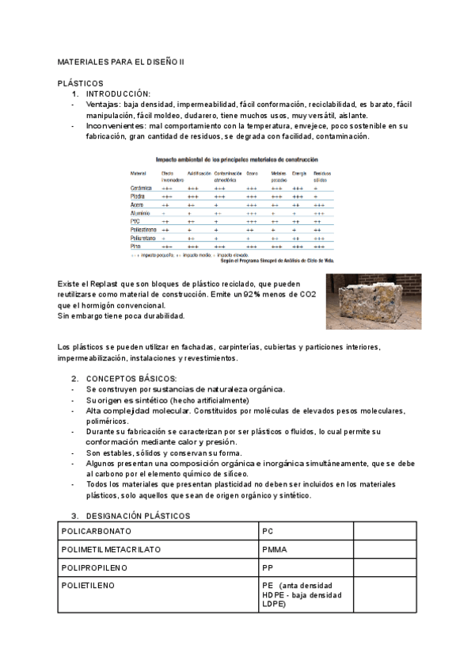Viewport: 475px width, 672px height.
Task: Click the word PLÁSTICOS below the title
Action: [x=81, y=83]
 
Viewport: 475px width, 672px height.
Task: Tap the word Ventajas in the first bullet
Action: [x=104, y=105]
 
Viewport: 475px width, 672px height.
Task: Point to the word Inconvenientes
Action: [x=116, y=126]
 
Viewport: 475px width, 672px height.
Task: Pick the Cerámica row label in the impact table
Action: [x=141, y=188]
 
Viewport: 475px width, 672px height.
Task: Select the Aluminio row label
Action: [x=141, y=213]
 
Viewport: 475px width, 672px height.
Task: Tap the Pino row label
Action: [x=136, y=246]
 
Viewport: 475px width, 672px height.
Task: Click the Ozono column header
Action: [x=253, y=173]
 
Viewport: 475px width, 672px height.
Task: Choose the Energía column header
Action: [x=298, y=173]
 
